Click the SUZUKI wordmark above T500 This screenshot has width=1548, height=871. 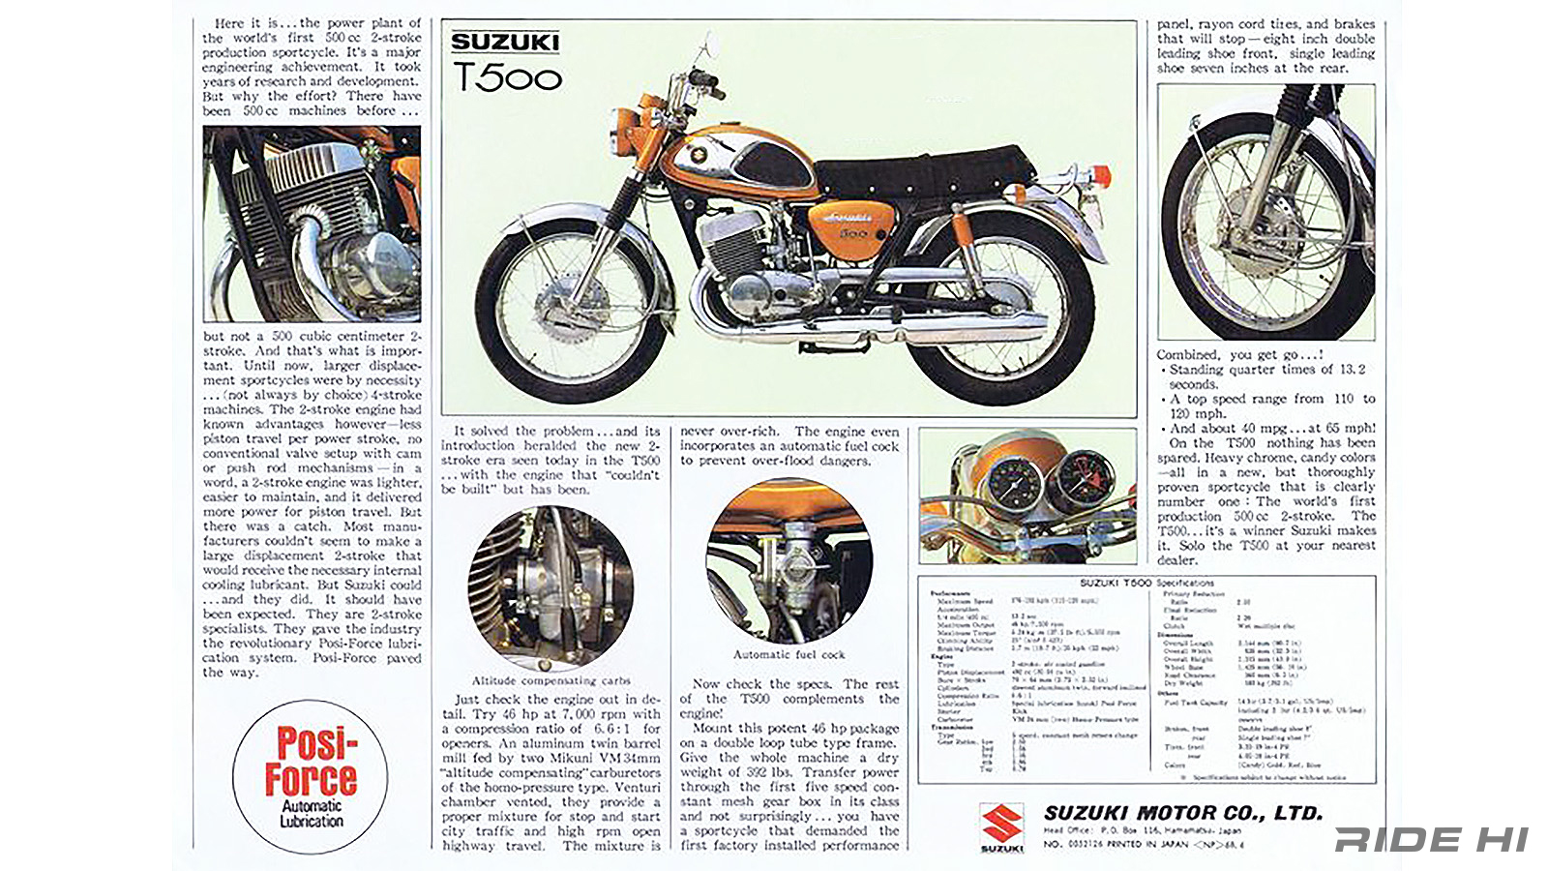(x=505, y=43)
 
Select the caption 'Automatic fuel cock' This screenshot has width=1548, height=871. (x=789, y=655)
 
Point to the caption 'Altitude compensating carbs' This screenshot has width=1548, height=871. (x=551, y=681)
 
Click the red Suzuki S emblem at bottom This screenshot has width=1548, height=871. (x=1001, y=824)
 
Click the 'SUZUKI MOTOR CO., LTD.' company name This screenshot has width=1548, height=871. (x=1182, y=813)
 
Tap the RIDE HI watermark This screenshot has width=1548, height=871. (x=1431, y=839)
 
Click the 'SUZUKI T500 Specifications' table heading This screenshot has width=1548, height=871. (x=1146, y=583)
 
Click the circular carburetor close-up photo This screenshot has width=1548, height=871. (x=551, y=587)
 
